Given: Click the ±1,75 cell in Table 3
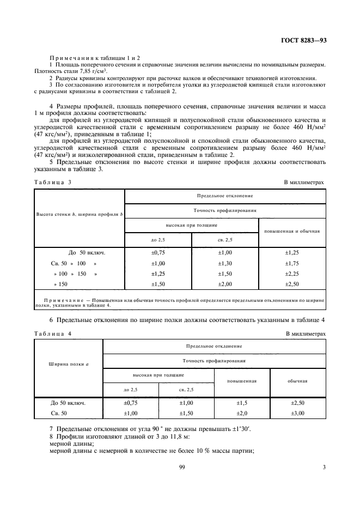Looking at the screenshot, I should (292, 263).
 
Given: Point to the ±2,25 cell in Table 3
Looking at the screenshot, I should (292, 274).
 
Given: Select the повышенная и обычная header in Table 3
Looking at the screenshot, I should (292, 231).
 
